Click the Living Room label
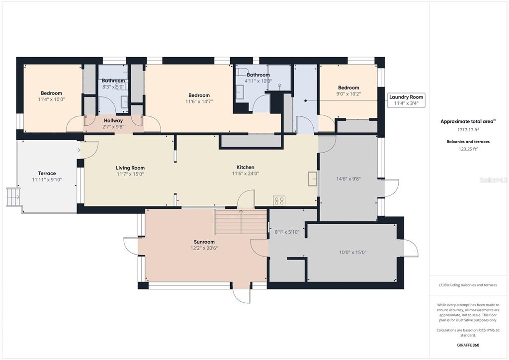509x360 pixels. point(130,168)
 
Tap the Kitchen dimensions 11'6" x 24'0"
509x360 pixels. point(246,174)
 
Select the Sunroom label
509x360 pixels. point(204,242)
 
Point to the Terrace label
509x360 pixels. point(47,174)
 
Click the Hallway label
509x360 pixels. point(113,121)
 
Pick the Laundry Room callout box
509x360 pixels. point(406,100)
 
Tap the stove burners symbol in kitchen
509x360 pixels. point(279,200)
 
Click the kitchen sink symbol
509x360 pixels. point(312,179)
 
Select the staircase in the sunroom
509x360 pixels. point(240,222)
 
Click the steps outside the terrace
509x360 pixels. point(13,197)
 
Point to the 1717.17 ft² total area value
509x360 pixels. point(468,130)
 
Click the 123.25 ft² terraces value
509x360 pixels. point(468,149)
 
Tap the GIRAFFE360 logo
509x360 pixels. point(468,345)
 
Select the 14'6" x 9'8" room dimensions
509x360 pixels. point(348,179)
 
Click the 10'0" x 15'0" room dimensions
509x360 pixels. point(352,252)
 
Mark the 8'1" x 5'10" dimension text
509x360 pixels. point(287,232)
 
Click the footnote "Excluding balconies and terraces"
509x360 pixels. point(468,285)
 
